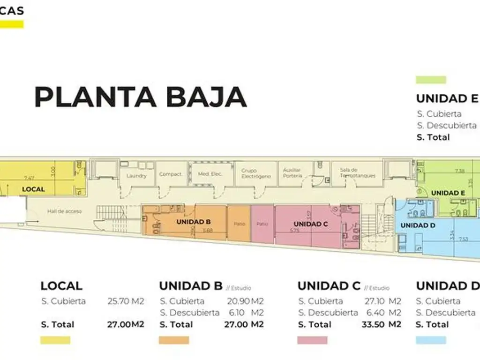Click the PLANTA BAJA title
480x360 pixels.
[141, 97]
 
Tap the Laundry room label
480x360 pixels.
[136, 176]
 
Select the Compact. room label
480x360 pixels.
[171, 174]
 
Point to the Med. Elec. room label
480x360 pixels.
[210, 174]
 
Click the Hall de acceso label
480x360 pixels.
[64, 211]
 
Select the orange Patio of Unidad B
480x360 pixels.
[239, 224]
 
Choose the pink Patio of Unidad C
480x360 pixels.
[262, 224]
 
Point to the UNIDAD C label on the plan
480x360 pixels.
[311, 224]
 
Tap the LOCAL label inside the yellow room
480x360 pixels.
[34, 189]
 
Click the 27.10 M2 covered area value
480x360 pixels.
[382, 301]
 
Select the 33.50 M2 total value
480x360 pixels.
[382, 324]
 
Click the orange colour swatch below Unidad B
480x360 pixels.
[173, 340]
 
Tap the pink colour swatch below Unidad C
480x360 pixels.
[312, 340]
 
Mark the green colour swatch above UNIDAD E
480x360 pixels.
[431, 80]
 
